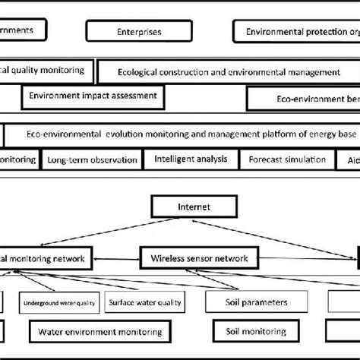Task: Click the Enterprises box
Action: tap(139, 32)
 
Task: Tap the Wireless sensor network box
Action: tap(199, 258)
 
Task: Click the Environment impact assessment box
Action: tap(93, 96)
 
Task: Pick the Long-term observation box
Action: tap(92, 160)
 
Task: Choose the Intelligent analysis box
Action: tap(190, 159)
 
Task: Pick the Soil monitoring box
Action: tap(256, 332)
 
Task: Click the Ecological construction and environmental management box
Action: tap(229, 72)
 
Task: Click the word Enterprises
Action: tap(139, 32)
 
